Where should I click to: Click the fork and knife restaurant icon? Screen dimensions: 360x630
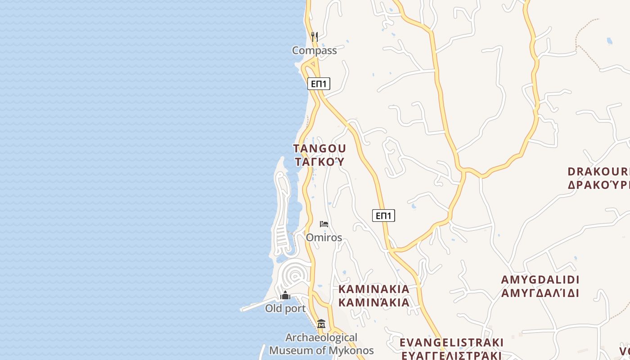tap(315, 36)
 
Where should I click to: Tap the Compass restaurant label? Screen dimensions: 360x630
tap(314, 50)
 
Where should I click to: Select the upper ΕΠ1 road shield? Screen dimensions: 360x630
tap(319, 83)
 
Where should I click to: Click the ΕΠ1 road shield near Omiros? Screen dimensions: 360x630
tap(383, 216)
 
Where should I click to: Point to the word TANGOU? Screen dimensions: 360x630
tap(319, 148)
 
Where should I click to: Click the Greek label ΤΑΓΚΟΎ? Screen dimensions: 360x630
tap(319, 162)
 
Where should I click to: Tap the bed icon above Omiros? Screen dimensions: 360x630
tap(324, 224)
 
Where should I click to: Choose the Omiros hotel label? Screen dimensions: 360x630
tap(324, 237)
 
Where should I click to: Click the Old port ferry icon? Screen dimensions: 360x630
tap(285, 295)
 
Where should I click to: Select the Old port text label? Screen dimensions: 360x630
tap(285, 309)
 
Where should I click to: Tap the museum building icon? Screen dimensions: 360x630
tap(321, 324)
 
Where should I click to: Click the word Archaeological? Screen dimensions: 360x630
tap(321, 337)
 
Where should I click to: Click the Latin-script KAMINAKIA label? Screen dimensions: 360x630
tap(374, 289)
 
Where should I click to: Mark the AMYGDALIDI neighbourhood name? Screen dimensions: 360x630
tap(540, 279)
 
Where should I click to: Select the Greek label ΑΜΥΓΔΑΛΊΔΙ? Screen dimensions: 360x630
tap(540, 293)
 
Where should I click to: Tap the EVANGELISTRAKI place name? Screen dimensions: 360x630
tap(451, 342)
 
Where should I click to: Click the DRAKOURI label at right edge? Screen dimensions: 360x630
tap(598, 171)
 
